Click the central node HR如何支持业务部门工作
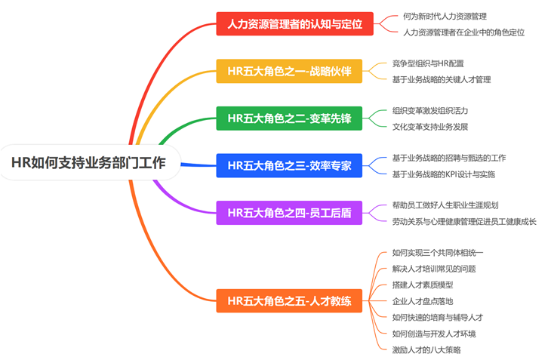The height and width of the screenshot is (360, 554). (88, 162)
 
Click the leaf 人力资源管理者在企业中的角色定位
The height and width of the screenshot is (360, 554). (463, 32)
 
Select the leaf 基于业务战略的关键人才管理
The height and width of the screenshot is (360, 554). (442, 79)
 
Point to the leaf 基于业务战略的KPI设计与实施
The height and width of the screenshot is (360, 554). (444, 174)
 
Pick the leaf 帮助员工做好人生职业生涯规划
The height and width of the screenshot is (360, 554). (445, 205)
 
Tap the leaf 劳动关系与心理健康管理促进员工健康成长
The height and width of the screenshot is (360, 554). (464, 222)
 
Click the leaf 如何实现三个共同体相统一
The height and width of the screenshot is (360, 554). (438, 252)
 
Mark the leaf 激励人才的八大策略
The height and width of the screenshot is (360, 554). (426, 349)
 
